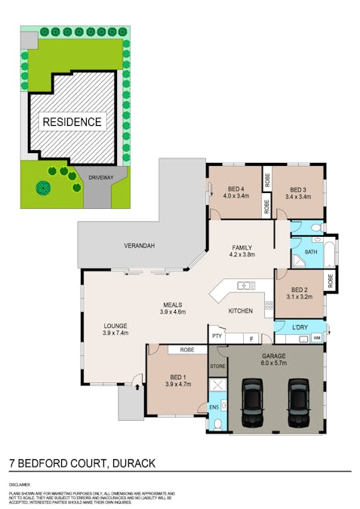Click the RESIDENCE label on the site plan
pos(72,121)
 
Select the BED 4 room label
pos(235,189)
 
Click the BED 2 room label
pos(299,289)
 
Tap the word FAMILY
pos(242,247)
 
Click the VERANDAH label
pos(140,247)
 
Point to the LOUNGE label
pos(115,326)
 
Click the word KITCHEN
pos(241,311)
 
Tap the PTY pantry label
pos(217,336)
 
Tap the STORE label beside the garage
pos(217,366)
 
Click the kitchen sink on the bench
pos(245,285)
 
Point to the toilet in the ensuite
pos(217,424)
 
